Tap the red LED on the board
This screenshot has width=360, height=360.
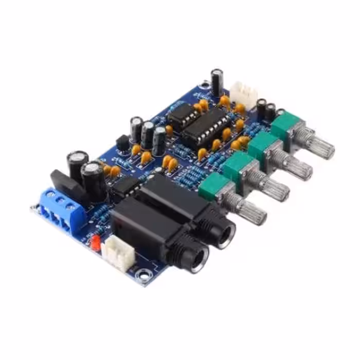(x=94, y=240)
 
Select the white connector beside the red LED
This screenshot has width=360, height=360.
(x=118, y=255)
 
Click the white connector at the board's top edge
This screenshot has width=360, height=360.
(x=243, y=93)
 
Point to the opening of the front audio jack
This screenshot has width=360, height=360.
(x=197, y=259)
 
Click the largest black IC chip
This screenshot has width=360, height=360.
(x=200, y=127)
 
